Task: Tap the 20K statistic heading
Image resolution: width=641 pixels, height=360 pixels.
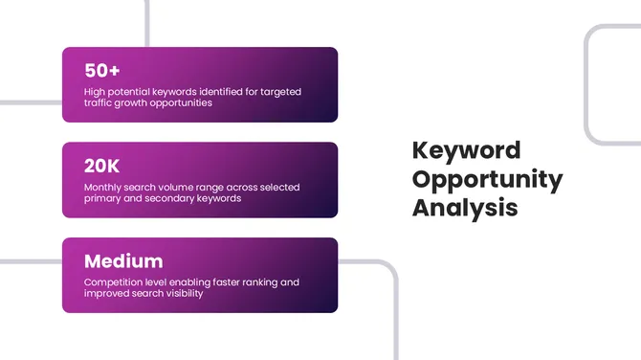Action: click(x=102, y=166)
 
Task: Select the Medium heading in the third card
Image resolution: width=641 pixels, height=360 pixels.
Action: click(x=123, y=260)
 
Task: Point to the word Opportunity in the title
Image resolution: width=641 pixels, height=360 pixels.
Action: click(x=487, y=179)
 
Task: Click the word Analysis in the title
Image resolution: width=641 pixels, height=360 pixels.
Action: click(x=465, y=207)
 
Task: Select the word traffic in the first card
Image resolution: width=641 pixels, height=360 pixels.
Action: click(x=100, y=102)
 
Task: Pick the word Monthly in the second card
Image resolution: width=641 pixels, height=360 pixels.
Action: click(x=104, y=188)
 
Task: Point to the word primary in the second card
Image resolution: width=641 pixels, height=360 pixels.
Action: click(x=103, y=198)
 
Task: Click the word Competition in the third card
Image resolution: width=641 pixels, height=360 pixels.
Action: click(x=114, y=282)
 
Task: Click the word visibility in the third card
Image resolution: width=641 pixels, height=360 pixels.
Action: click(x=180, y=293)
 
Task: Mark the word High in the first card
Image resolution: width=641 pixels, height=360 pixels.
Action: click(x=95, y=92)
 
